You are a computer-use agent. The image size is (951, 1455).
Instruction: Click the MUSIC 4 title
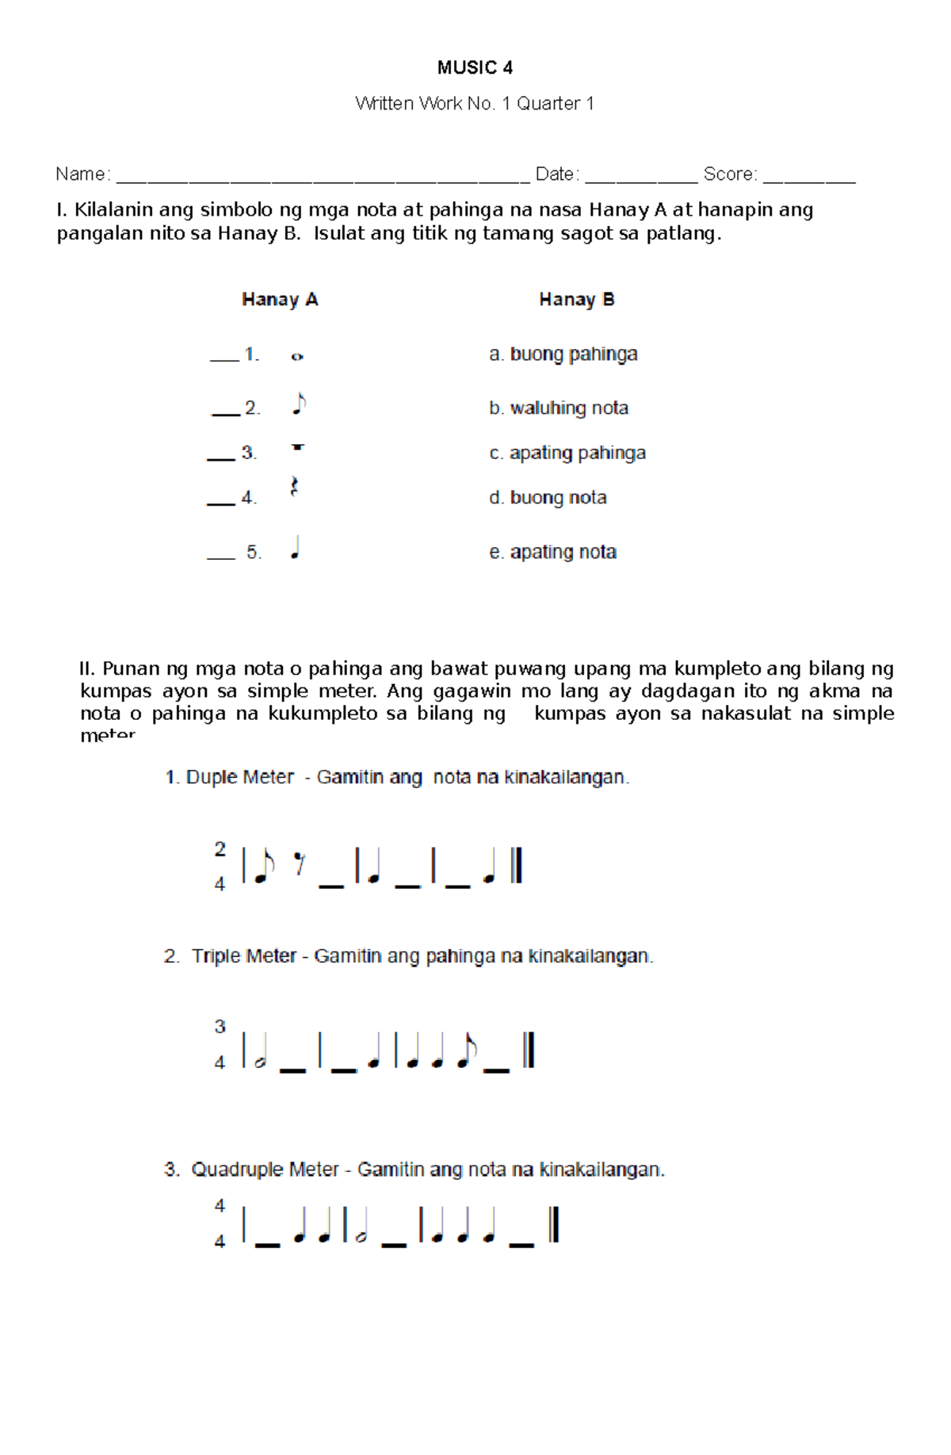[x=475, y=68]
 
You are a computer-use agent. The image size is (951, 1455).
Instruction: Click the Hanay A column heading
[x=280, y=300]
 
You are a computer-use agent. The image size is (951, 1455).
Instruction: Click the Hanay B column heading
[x=576, y=300]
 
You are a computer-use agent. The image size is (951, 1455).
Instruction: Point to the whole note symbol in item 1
[x=297, y=357]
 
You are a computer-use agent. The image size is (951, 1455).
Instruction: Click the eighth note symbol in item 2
[x=299, y=404]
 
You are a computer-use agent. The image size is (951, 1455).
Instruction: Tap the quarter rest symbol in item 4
[x=294, y=487]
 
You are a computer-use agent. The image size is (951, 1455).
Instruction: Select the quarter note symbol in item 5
[x=295, y=548]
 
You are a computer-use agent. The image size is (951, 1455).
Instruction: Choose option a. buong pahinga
[x=563, y=354]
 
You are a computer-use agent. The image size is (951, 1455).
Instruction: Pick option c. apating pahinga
[x=567, y=453]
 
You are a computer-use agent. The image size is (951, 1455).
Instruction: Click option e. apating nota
[x=552, y=552]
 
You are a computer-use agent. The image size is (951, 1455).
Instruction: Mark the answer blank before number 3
[x=221, y=458]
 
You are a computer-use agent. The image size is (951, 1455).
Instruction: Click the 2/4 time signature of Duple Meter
[x=220, y=866]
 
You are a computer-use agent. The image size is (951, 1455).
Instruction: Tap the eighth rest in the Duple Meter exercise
[x=299, y=863]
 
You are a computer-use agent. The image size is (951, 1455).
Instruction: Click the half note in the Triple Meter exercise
[x=259, y=1053]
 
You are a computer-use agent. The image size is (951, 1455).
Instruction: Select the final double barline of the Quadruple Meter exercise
[x=554, y=1224]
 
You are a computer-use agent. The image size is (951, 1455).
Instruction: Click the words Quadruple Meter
[x=265, y=1170]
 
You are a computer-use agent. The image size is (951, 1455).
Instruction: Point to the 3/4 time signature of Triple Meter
[x=220, y=1044]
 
